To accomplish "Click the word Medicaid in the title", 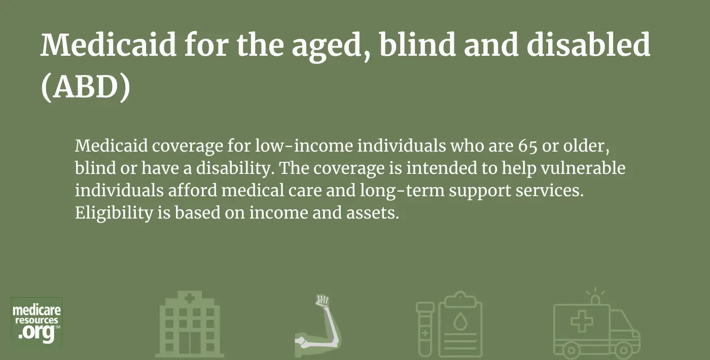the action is click(x=109, y=45).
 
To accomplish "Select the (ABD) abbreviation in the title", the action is click(x=86, y=87).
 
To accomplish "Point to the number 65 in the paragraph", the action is click(x=528, y=146).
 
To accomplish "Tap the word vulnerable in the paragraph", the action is click(x=583, y=168).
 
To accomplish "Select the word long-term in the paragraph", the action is click(x=402, y=191).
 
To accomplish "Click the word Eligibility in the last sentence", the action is click(x=114, y=212).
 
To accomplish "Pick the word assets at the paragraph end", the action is click(x=372, y=213).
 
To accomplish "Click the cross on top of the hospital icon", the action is click(x=190, y=298).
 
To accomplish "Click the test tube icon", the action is click(x=425, y=330).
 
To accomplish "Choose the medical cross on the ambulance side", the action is click(x=582, y=321).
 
